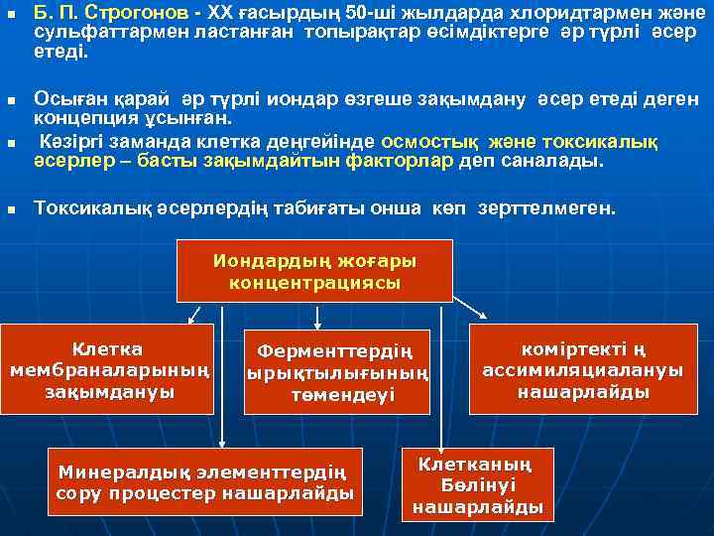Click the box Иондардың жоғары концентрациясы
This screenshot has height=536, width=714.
[x=314, y=271]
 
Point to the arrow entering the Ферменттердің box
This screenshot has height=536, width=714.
[x=316, y=317]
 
